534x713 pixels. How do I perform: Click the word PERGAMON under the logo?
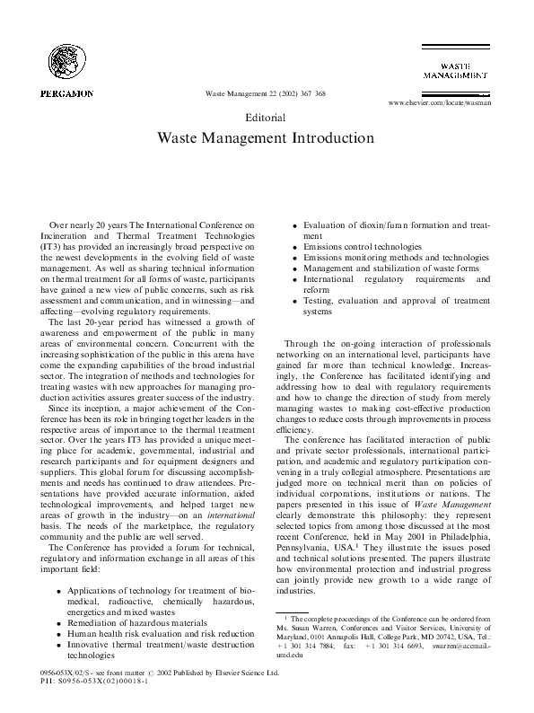coord(67,92)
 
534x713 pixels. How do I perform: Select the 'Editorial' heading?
coord(266,118)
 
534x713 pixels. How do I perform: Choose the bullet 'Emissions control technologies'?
coord(363,245)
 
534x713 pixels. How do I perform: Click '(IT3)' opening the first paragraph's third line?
coord(52,244)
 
